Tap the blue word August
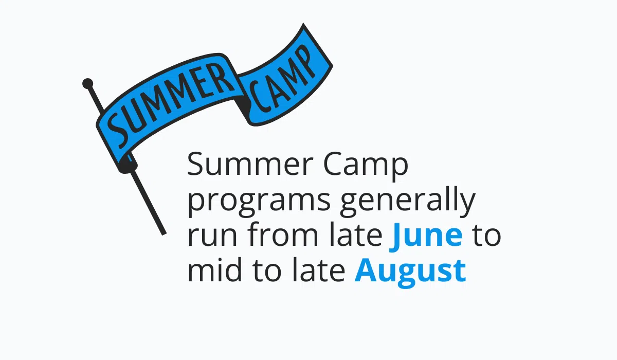click(x=410, y=271)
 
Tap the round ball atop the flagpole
click(x=88, y=83)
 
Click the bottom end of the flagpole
click(x=163, y=232)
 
